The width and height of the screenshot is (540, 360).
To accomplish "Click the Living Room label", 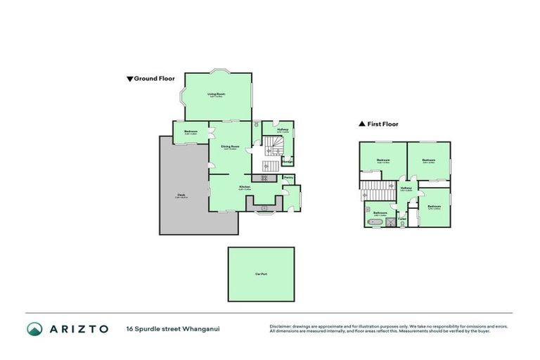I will tap(216, 94).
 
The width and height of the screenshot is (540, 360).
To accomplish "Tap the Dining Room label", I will tap(231, 147).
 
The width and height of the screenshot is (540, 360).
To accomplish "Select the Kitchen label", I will tap(244, 187).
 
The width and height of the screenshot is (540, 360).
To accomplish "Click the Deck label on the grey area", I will tap(181, 196).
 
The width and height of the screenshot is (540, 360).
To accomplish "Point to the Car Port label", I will tap(261, 274).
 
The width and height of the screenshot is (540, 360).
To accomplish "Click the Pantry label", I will tap(289, 178).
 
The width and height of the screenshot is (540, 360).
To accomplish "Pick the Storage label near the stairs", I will tap(288, 162).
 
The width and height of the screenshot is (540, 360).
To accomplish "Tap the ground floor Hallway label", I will tap(282, 130).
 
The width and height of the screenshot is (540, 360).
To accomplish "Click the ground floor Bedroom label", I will tap(191, 132).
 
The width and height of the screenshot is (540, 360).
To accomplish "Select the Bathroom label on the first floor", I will tap(380, 213).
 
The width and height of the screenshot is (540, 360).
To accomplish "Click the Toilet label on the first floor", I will tap(402, 219).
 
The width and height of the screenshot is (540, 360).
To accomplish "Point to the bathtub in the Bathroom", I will tap(374, 222).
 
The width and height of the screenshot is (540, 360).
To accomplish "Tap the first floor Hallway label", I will tap(406, 188).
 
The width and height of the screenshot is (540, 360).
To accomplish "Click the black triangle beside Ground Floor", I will tap(129, 79).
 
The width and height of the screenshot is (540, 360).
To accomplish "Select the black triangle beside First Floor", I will tap(362, 124).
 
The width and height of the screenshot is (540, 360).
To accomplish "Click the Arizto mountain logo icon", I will tap(34, 328).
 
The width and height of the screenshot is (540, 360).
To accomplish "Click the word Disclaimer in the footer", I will tap(282, 326).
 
